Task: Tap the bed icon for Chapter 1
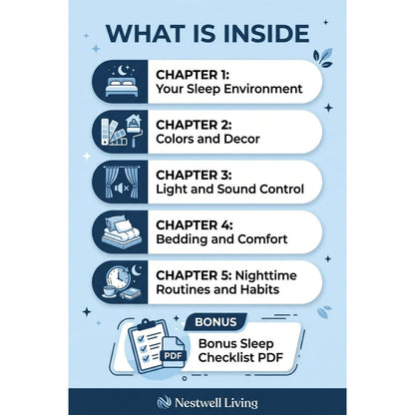tap(122, 87)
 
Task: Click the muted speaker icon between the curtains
tap(122, 189)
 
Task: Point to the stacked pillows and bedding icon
tap(122, 231)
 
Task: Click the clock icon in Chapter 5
tap(115, 277)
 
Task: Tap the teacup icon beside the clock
tap(110, 291)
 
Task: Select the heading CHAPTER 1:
tap(193, 75)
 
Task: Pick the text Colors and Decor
tap(207, 139)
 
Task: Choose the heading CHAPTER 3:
tap(194, 175)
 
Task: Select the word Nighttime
tap(265, 275)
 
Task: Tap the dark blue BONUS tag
tap(215, 322)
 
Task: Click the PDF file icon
tap(173, 352)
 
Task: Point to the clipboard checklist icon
tap(146, 346)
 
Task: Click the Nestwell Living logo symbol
tap(164, 402)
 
